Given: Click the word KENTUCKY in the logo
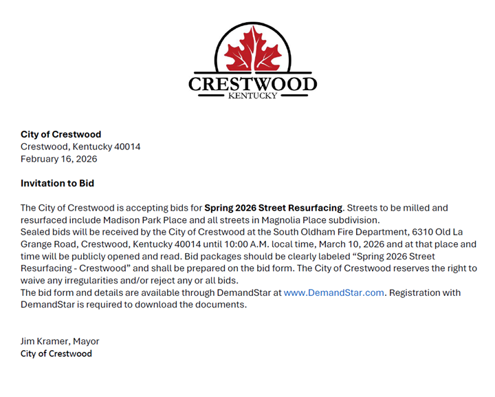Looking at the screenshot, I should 252,96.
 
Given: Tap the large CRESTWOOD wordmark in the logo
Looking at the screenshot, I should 252,84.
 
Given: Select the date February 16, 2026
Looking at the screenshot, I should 59,159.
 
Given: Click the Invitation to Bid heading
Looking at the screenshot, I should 57,184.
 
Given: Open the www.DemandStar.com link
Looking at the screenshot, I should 334,292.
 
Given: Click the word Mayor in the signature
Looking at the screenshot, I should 87,341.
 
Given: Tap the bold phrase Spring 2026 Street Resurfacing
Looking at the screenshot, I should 273,208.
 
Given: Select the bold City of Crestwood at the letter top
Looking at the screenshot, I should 60,134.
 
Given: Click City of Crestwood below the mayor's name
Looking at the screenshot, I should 56,354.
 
